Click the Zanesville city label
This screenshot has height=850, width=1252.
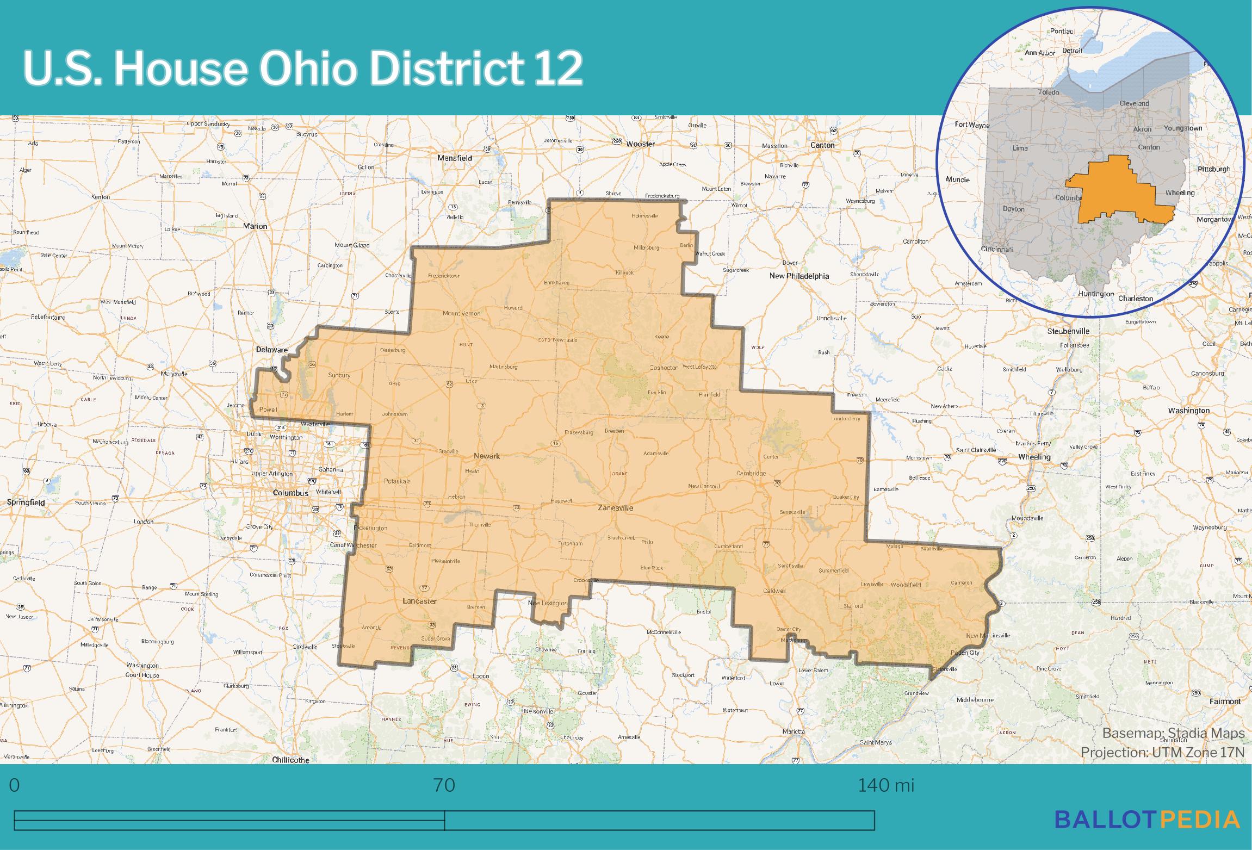click(x=615, y=508)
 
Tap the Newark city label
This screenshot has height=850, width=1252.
click(x=486, y=456)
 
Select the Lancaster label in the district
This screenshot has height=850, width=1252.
click(x=419, y=601)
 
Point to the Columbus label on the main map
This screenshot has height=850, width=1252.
click(x=290, y=493)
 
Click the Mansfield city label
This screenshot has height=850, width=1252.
click(x=455, y=158)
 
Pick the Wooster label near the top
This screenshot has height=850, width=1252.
click(x=640, y=144)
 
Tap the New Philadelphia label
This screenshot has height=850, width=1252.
click(x=799, y=276)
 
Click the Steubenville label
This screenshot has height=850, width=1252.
click(x=1068, y=331)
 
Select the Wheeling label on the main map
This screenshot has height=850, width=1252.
click(x=1034, y=457)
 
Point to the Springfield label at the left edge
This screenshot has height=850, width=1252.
click(x=26, y=502)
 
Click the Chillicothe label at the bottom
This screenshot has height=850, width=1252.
click(x=290, y=760)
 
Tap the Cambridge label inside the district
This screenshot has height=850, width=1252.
click(x=751, y=473)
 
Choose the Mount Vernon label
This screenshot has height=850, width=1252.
click(x=461, y=314)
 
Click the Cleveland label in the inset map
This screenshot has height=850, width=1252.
click(x=1134, y=103)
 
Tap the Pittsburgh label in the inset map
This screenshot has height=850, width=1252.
click(x=1213, y=169)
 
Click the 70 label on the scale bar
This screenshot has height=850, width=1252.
click(x=444, y=785)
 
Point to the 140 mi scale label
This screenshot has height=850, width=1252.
click(x=886, y=785)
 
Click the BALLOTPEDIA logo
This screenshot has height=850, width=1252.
click(x=1147, y=834)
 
